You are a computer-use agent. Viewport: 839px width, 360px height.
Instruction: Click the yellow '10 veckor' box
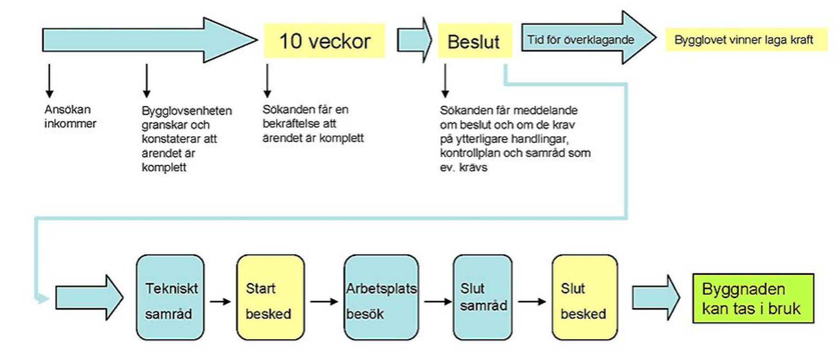(324, 41)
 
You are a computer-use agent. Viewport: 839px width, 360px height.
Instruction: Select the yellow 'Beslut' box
(475, 41)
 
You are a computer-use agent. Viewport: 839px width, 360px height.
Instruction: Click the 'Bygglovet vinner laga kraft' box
(745, 40)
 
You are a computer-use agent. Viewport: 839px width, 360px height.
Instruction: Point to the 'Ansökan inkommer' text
(70, 116)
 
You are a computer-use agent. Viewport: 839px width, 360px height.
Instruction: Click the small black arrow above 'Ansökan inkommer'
(49, 81)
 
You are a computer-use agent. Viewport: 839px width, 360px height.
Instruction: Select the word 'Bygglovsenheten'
(187, 111)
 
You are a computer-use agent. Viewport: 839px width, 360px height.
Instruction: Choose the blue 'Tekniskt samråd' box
(170, 298)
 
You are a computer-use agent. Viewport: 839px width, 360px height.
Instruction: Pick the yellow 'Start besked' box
(270, 298)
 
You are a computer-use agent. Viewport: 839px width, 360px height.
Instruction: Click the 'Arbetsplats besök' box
(381, 298)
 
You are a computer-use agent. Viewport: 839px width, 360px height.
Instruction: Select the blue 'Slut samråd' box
(482, 298)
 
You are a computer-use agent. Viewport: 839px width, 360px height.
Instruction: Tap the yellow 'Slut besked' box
(584, 298)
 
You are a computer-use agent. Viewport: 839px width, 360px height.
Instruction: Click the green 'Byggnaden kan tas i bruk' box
(753, 298)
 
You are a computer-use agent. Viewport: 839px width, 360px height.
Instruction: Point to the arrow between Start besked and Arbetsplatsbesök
(324, 301)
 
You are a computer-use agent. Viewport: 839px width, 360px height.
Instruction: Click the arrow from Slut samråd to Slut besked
(532, 301)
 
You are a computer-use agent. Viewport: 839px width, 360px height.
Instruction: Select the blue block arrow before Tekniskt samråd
(89, 298)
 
